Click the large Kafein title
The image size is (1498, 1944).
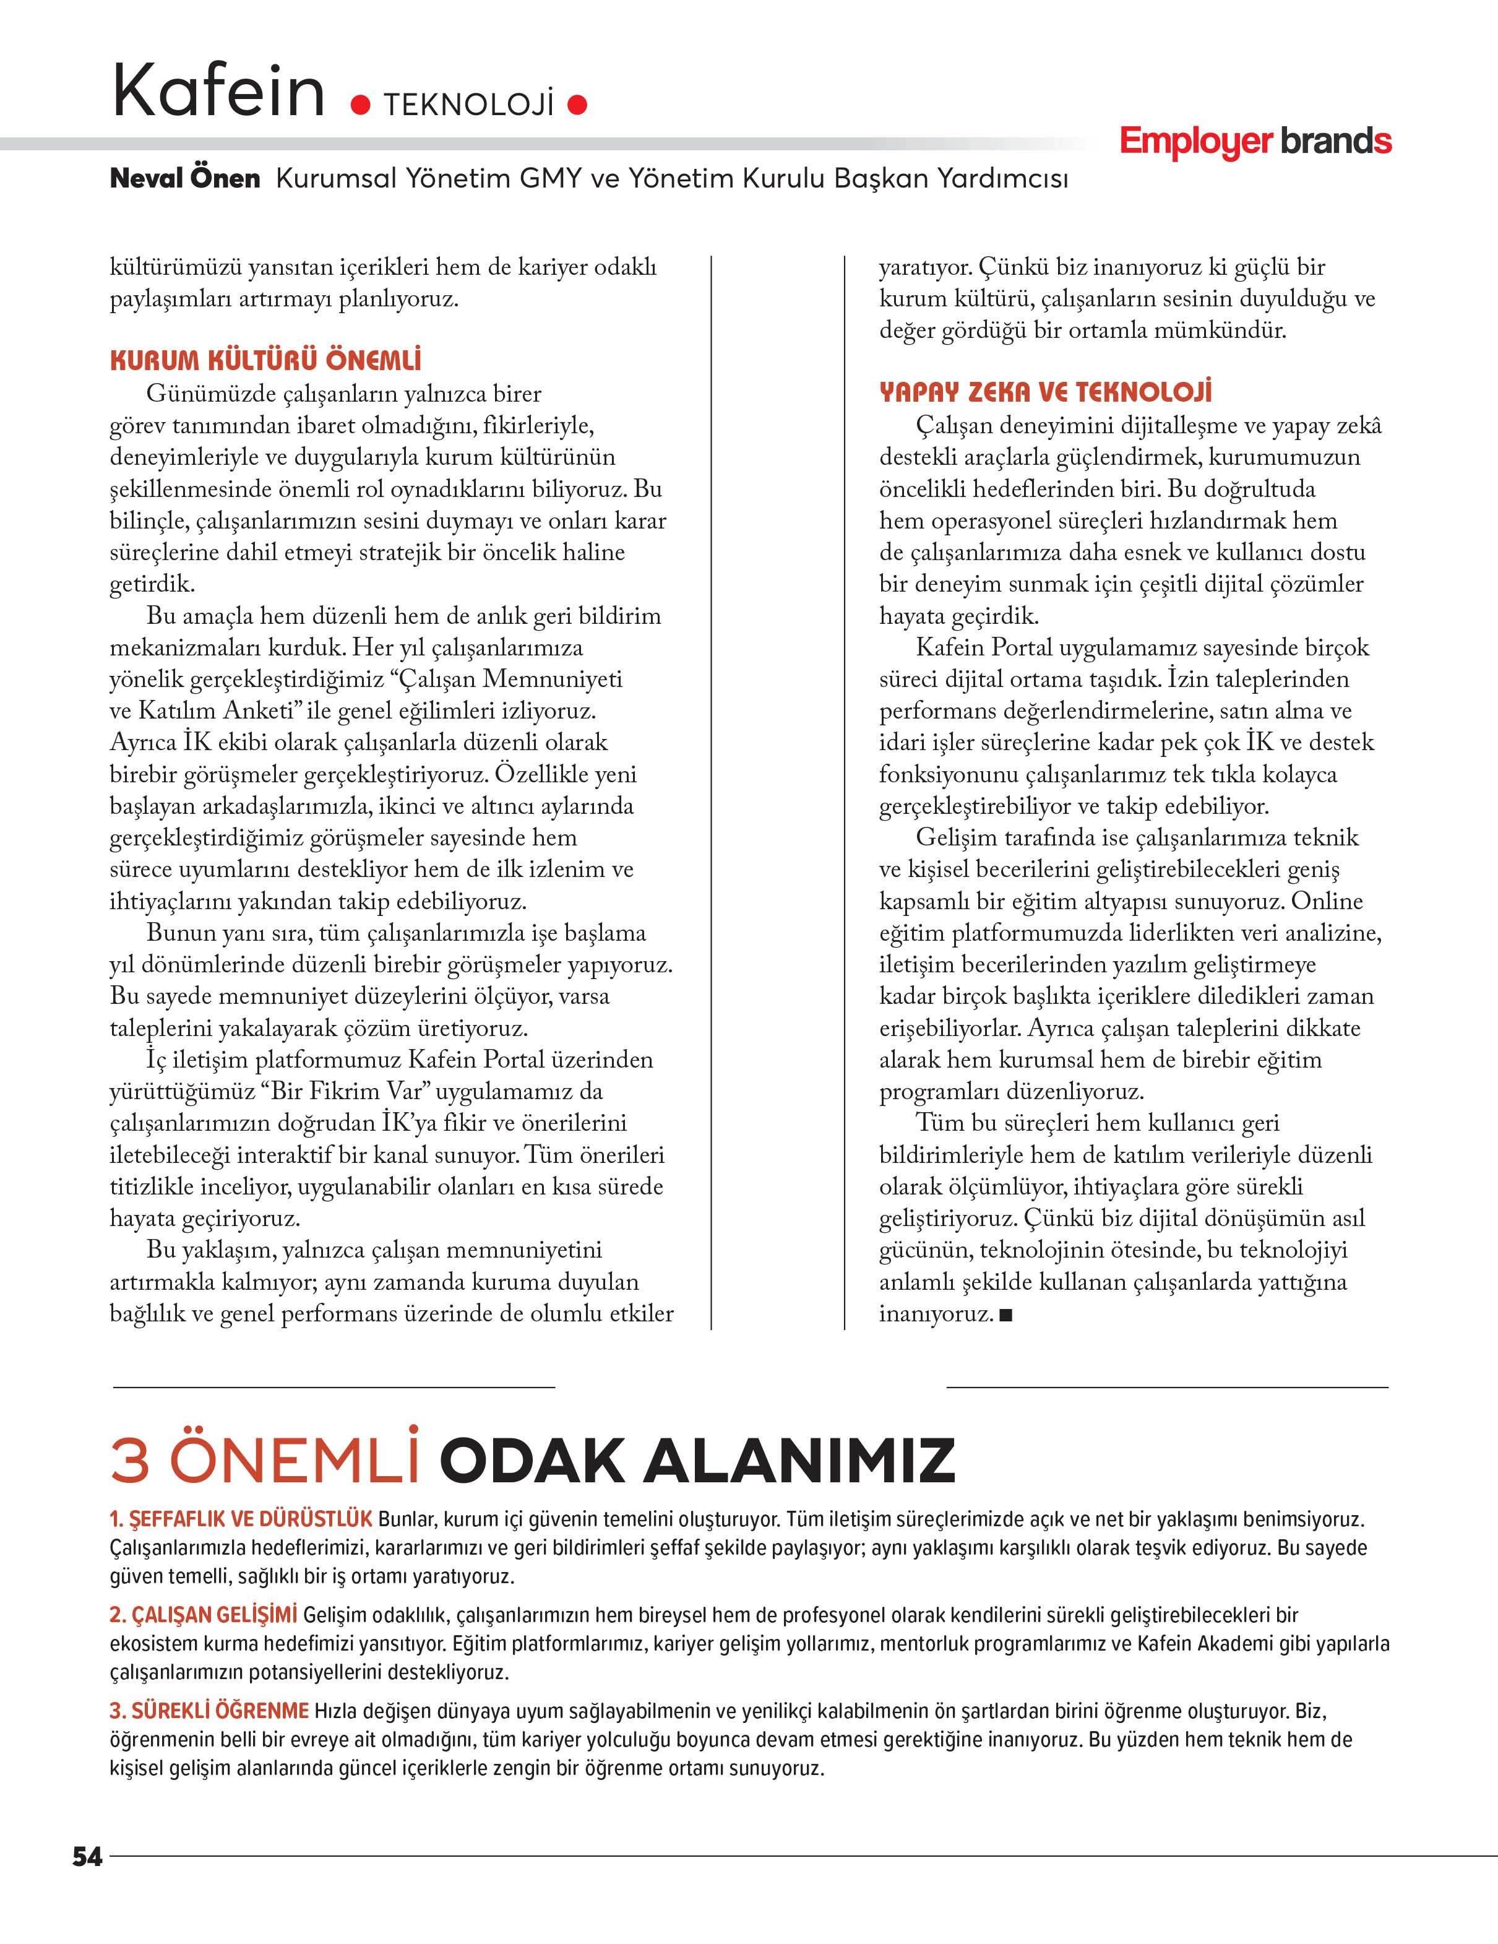point(218,91)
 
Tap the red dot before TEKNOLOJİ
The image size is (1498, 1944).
point(361,106)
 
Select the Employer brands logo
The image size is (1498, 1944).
point(1255,142)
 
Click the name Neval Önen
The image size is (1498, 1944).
point(184,178)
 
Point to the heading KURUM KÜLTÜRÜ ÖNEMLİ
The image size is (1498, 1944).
point(265,360)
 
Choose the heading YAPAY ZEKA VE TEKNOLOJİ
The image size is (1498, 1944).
point(1045,392)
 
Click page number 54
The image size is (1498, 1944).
point(87,1856)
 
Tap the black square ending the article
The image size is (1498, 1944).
point(1006,1315)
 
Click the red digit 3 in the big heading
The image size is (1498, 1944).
point(130,1461)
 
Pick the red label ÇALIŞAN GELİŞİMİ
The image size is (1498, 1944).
point(204,1615)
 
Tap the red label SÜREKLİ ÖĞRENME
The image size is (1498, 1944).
point(209,1711)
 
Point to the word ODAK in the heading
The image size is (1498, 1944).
point(532,1461)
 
